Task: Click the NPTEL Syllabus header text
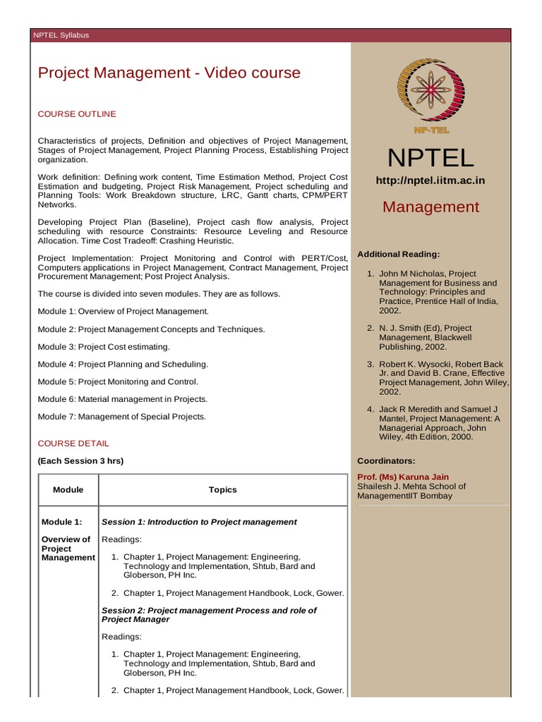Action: pos(61,35)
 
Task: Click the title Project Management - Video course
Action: pos(169,73)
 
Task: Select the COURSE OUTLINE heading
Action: pos(77,114)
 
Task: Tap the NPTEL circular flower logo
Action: pos(432,88)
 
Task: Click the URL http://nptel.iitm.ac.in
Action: pos(430,180)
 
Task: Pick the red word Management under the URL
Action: pos(430,207)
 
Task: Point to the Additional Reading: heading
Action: pos(399,254)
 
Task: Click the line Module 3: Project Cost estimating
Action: pos(104,347)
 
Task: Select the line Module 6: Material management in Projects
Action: pos(123,399)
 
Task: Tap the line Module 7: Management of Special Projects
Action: pos(122,417)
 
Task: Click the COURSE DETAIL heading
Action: pos(73,443)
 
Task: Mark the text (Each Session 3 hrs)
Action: pos(80,460)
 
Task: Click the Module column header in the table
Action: pos(68,489)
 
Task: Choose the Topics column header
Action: pos(223,489)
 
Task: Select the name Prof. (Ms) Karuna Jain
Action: pos(403,477)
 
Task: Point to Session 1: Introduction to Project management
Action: pos(200,522)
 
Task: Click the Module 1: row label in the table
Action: pos(61,522)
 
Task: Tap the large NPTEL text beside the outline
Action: pos(430,157)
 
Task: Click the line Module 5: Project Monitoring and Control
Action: pos(118,381)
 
